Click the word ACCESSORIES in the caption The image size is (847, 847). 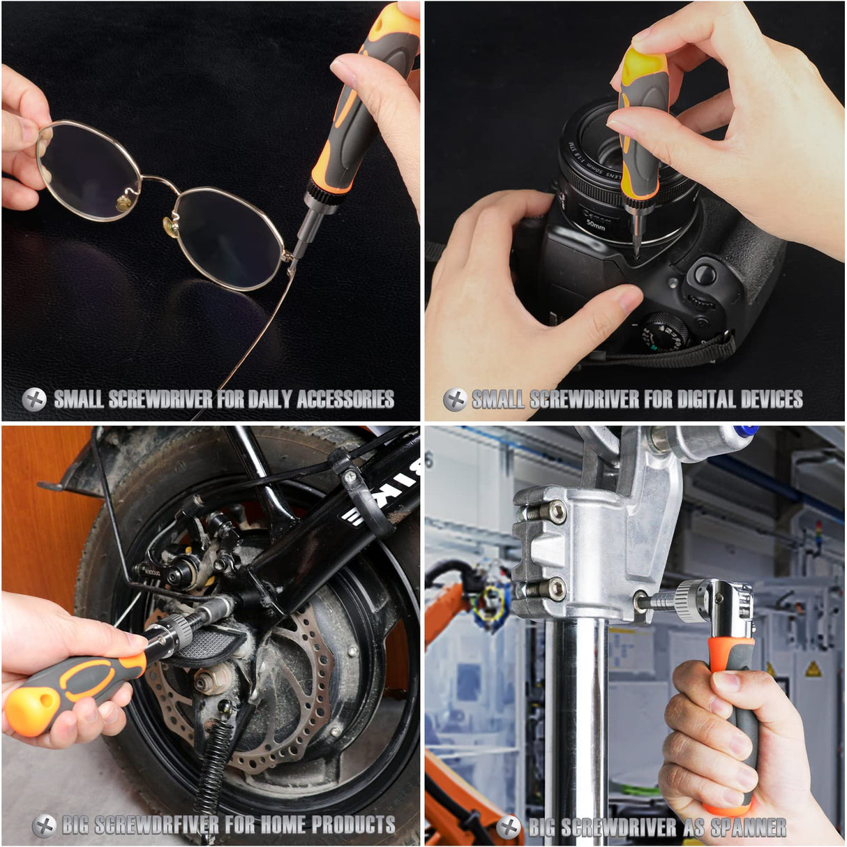pos(345,399)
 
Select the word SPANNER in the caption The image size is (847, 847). pos(748,827)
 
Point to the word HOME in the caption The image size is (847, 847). pos(283,825)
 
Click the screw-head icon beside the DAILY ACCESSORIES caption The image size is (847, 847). pos(34,399)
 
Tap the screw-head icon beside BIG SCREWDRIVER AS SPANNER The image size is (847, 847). pos(509,827)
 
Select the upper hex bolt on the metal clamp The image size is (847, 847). pos(556,511)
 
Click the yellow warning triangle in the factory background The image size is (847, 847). pos(812,670)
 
